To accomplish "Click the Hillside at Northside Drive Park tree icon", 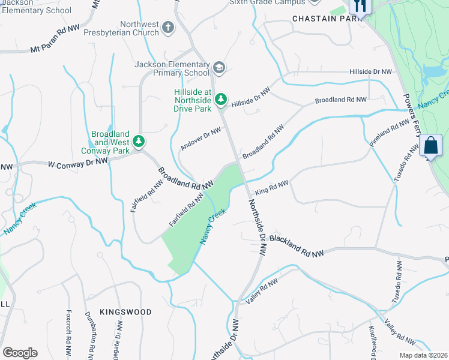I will point(221,97).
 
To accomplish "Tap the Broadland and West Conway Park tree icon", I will point(139,142).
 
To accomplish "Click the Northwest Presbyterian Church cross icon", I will point(167,27).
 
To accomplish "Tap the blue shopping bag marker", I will point(431,145).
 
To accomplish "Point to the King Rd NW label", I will point(271,188).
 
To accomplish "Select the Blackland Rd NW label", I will point(296,247).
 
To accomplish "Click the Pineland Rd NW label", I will point(389,136).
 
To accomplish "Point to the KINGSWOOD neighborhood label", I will point(125,312).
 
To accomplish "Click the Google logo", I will point(20,352).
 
